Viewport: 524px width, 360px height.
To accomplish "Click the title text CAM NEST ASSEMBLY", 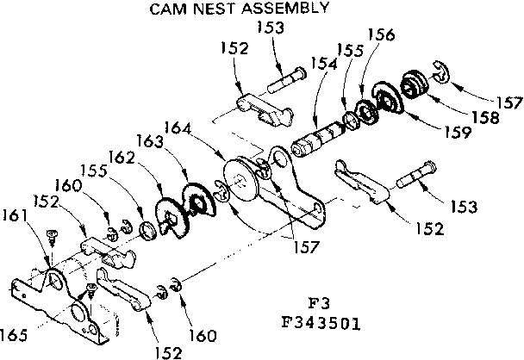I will pos(239,9).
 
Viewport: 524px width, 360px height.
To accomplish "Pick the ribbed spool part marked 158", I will pos(419,86).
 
